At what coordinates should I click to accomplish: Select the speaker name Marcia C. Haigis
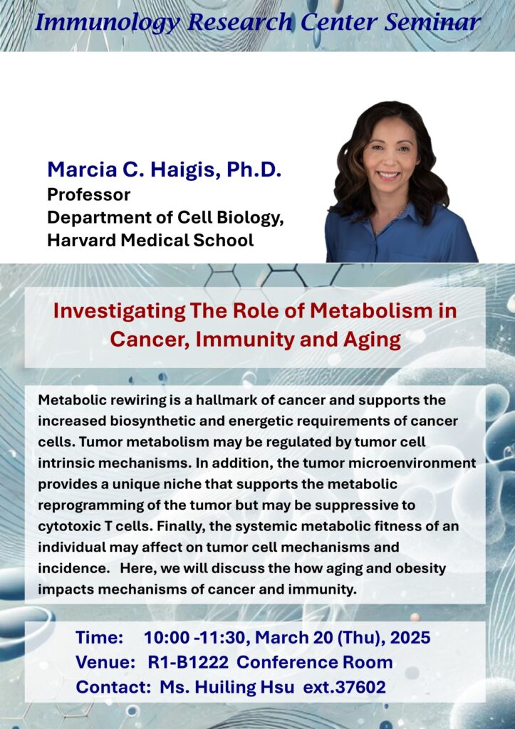[x=135, y=170]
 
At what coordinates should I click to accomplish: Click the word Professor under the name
[x=88, y=194]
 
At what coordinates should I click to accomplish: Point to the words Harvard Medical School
[x=150, y=240]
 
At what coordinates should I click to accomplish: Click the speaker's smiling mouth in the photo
[x=389, y=175]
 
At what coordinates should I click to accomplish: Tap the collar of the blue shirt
[x=395, y=219]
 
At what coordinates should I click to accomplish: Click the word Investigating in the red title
[x=119, y=312]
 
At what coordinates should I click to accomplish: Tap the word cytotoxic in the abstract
[x=68, y=526]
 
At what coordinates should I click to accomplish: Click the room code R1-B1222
[x=188, y=662]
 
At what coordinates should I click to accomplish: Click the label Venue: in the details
[x=105, y=662]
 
